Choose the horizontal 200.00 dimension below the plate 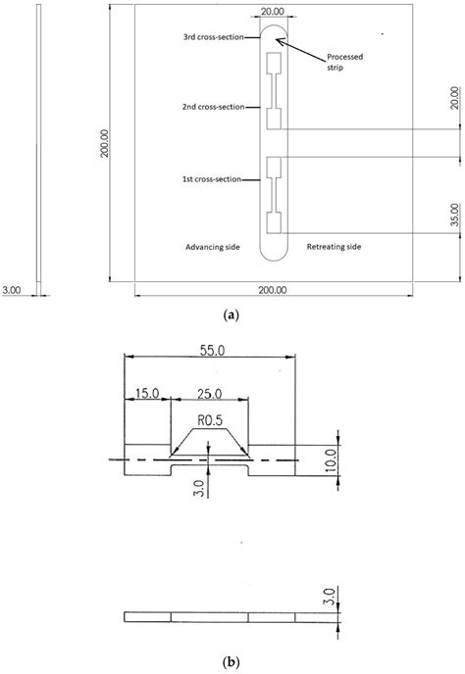click(273, 290)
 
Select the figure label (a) click(232, 314)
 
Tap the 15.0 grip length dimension click(147, 394)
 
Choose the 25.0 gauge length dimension click(208, 394)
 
